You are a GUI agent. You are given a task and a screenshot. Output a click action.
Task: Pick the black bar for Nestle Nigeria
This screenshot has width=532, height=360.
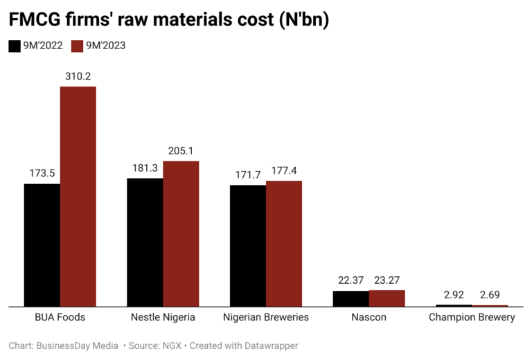click(145, 242)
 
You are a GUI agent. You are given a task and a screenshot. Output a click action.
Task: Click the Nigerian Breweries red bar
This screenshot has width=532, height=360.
click(284, 243)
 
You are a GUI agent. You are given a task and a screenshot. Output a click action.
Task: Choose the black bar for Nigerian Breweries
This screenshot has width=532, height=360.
click(248, 245)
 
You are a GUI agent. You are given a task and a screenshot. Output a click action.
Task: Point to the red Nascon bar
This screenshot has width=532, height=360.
click(387, 298)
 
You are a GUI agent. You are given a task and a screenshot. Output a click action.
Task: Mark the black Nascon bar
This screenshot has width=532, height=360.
click(351, 298)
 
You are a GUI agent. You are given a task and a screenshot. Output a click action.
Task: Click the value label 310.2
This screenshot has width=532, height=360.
click(78, 76)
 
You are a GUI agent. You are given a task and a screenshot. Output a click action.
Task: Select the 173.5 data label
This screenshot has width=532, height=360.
click(42, 173)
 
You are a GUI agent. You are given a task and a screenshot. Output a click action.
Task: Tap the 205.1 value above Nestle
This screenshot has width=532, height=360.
click(181, 150)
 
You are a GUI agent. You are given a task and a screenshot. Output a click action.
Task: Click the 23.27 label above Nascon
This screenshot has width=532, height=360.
click(387, 280)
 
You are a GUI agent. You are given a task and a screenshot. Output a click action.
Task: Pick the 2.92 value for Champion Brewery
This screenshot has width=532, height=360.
click(454, 294)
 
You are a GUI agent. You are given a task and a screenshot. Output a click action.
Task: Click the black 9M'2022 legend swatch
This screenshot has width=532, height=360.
click(14, 46)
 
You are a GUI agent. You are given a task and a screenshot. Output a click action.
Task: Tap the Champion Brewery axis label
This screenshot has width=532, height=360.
click(472, 318)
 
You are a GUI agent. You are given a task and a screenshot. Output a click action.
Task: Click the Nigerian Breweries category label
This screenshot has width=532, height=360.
click(266, 318)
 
